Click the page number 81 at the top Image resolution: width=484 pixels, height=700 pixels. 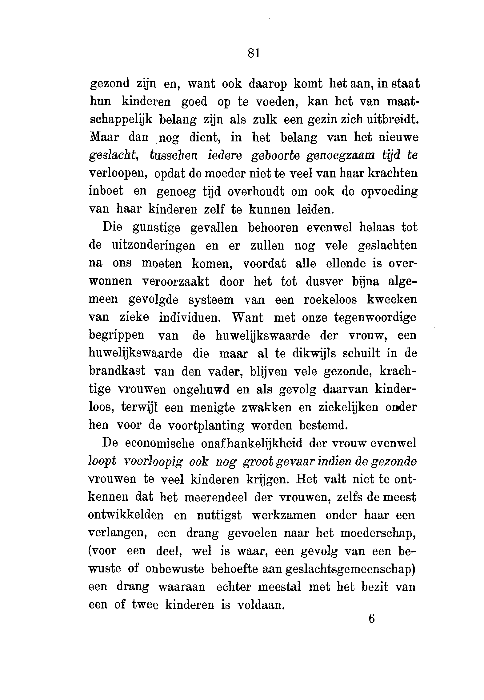click(254, 54)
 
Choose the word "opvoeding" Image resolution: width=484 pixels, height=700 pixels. click(389, 192)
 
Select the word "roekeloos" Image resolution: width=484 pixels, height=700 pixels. click(330, 299)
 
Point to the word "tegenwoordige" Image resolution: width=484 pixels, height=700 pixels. click(375, 318)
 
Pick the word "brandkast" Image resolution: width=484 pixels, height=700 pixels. click(117, 371)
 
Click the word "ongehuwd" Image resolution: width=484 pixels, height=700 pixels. click(201, 389)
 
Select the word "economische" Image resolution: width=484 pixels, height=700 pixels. click(160, 443)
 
